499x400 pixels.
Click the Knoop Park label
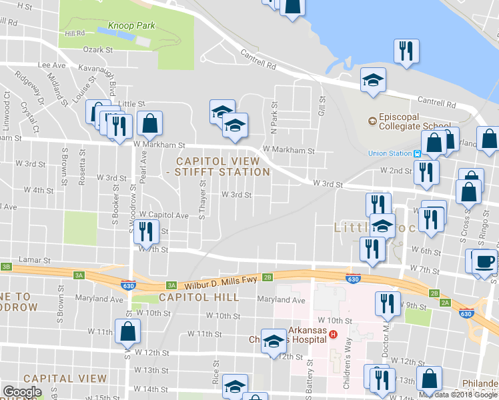(x=133, y=25)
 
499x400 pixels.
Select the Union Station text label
(x=390, y=153)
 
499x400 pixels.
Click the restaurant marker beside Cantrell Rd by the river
(x=406, y=52)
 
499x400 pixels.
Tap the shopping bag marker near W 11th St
(x=127, y=330)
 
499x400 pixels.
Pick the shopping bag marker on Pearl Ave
(x=151, y=123)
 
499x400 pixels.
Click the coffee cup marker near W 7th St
(x=484, y=261)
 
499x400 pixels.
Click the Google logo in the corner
(x=22, y=391)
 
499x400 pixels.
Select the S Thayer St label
(x=201, y=199)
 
